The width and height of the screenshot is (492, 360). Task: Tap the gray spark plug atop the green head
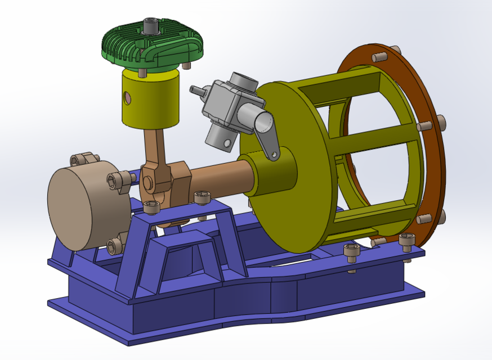pos(150,26)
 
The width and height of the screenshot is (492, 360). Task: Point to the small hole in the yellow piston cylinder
pos(129,99)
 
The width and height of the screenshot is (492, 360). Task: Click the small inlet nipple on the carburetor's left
pos(198,89)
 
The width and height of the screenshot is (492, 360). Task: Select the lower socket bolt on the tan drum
pos(115,245)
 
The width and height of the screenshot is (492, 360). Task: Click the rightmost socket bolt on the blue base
pos(406,241)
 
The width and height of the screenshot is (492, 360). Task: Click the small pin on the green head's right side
pos(186,66)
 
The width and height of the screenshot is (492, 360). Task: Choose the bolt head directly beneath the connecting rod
pos(151,207)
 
